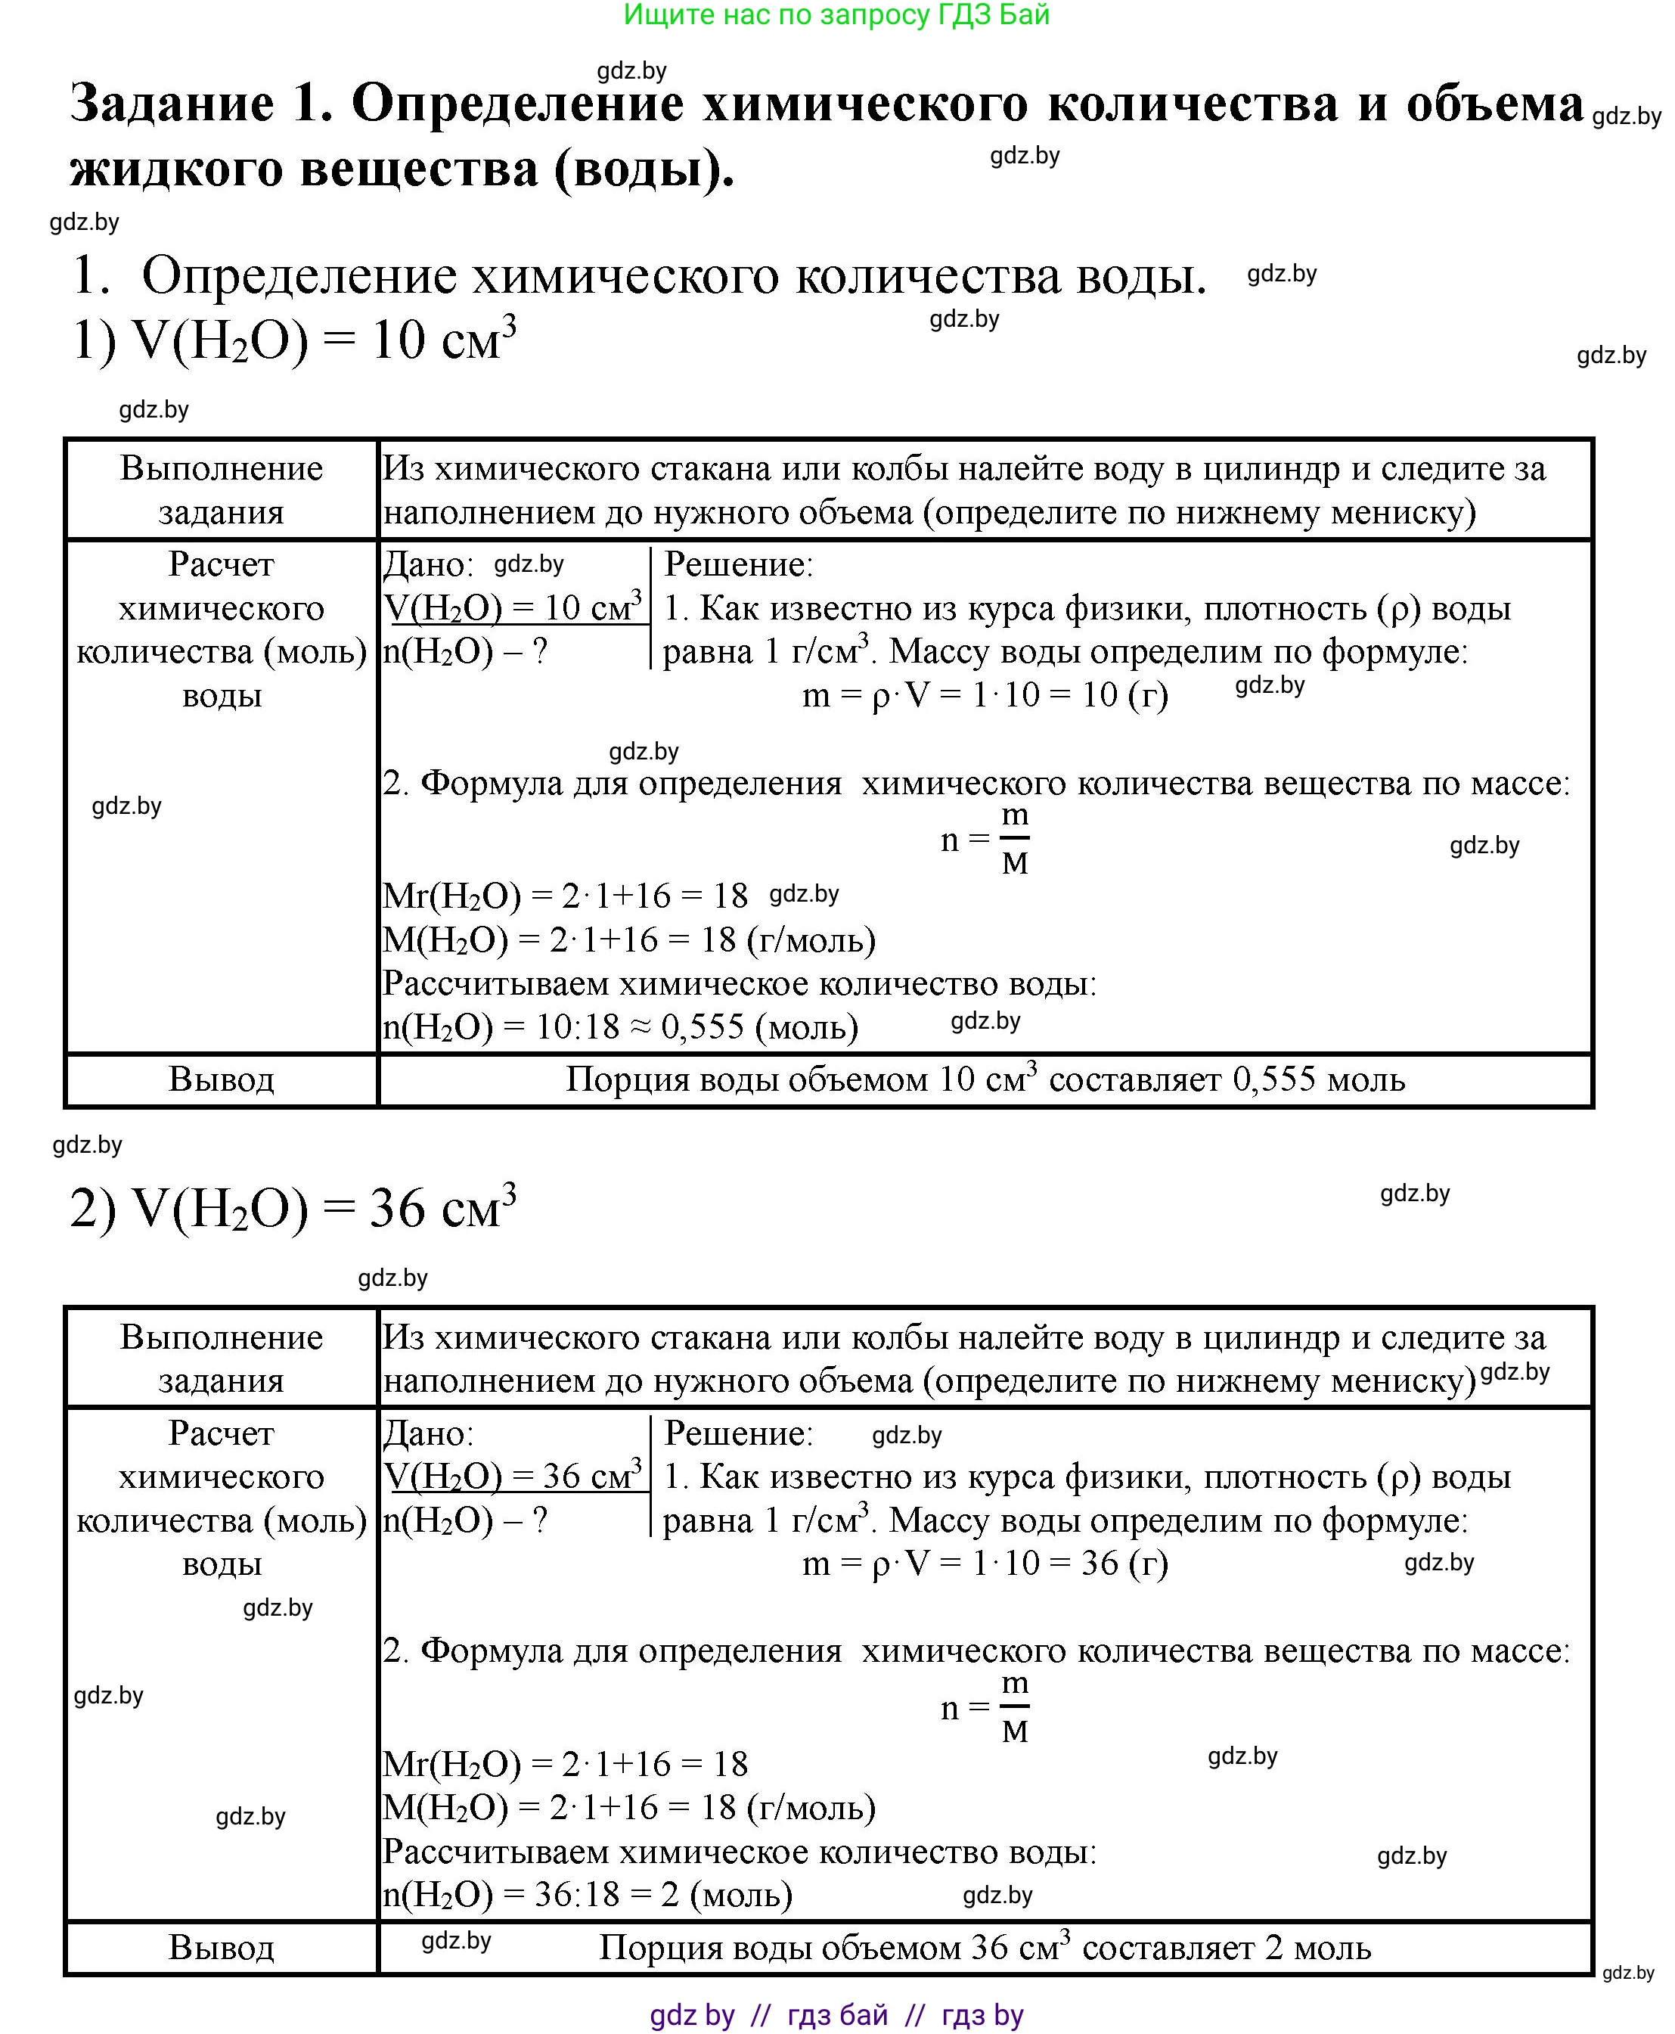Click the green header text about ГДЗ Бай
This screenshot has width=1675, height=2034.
pos(836,15)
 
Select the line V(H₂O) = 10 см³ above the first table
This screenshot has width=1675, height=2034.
pos(294,340)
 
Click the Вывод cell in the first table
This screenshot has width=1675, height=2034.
pos(221,1079)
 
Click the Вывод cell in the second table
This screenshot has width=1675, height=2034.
pos(221,1947)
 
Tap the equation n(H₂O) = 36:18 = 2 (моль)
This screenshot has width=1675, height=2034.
pos(588,1894)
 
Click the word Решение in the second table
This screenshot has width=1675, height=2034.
pos(738,1433)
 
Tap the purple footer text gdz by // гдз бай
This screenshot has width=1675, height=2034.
pos(836,2014)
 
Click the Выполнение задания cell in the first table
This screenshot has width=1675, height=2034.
pos(221,490)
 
